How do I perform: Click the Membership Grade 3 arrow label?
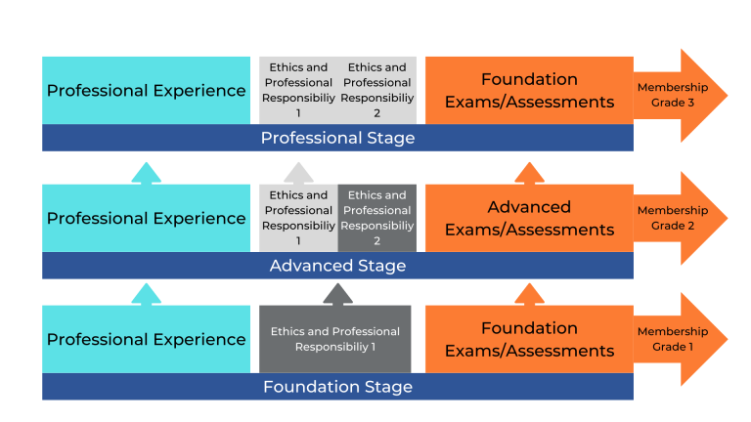[x=672, y=95]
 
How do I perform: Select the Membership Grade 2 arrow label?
[x=672, y=218]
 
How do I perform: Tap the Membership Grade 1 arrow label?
[x=672, y=339]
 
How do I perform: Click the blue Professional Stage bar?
[x=337, y=138]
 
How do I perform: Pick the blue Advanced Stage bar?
[x=337, y=266]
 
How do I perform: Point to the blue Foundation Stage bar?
[x=337, y=387]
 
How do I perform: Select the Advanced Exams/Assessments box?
[x=529, y=218]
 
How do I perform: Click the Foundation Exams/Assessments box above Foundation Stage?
[x=529, y=339]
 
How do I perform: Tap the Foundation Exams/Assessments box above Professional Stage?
[x=529, y=91]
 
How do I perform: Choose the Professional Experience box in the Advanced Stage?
[x=146, y=218]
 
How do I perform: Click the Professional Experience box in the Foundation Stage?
[x=146, y=339]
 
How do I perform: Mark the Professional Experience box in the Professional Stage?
[x=146, y=91]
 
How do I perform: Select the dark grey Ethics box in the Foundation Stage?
[x=334, y=339]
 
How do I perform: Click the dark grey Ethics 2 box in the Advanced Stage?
[x=377, y=218]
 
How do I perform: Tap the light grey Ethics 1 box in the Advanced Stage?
[x=298, y=218]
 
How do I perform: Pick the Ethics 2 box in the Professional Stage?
[x=377, y=91]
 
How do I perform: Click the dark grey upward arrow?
[x=337, y=294]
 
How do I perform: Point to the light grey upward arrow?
[x=298, y=173]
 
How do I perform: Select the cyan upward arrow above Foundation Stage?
[x=146, y=293]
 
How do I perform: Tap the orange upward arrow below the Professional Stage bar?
[x=529, y=173]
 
